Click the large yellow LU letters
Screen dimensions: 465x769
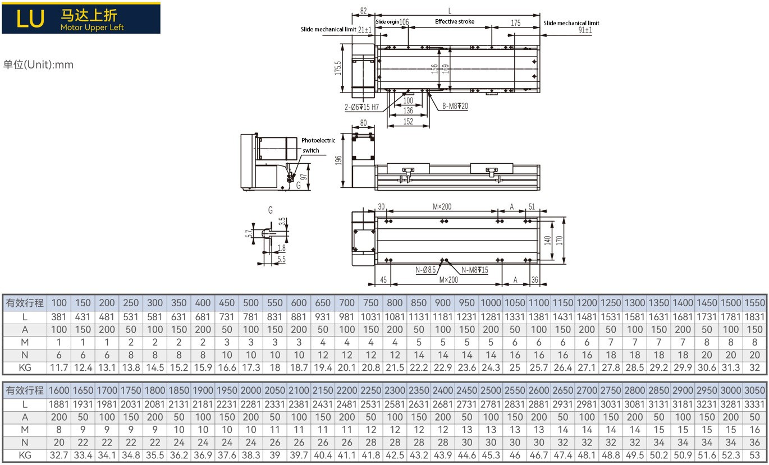pos(30,19)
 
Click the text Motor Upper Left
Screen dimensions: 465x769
pos(92,27)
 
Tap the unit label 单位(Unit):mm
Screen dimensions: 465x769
pos(38,65)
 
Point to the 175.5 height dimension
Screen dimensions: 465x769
pos(338,68)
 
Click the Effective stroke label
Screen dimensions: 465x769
pos(455,22)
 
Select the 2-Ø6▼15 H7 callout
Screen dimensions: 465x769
pos(362,106)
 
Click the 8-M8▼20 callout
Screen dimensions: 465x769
pos(455,106)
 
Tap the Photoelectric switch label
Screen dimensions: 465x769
pos(318,145)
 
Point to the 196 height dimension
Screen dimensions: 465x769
pos(338,160)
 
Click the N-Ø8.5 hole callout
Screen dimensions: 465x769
pos(425,270)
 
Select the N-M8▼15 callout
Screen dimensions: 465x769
pos(474,270)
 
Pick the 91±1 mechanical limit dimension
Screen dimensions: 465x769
pos(585,30)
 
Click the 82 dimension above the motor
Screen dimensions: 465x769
pos(363,10)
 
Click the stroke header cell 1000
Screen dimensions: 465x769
pos(491,303)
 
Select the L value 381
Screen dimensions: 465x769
pos(59,316)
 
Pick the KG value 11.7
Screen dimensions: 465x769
pos(59,368)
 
